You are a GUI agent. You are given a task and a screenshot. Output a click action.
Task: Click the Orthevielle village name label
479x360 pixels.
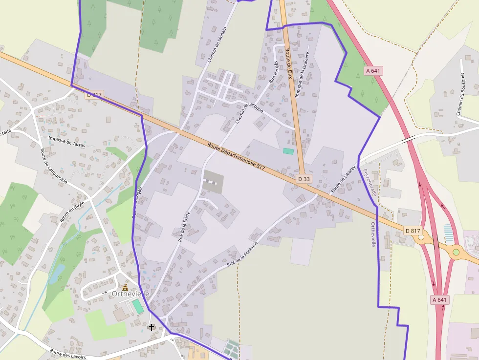point(130,294)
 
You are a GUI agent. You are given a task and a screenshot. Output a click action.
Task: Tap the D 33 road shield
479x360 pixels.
point(304,179)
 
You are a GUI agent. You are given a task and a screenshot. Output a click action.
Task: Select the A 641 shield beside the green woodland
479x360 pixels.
point(373,71)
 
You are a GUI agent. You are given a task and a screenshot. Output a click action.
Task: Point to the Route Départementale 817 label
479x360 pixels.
point(236,156)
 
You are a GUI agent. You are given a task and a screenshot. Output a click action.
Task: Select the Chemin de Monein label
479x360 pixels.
point(217,44)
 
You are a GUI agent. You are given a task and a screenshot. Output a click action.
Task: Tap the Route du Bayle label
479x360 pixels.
point(72,211)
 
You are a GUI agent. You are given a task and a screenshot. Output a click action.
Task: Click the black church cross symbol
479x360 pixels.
point(152,326)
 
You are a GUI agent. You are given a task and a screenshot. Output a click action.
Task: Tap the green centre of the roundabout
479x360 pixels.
point(456,252)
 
